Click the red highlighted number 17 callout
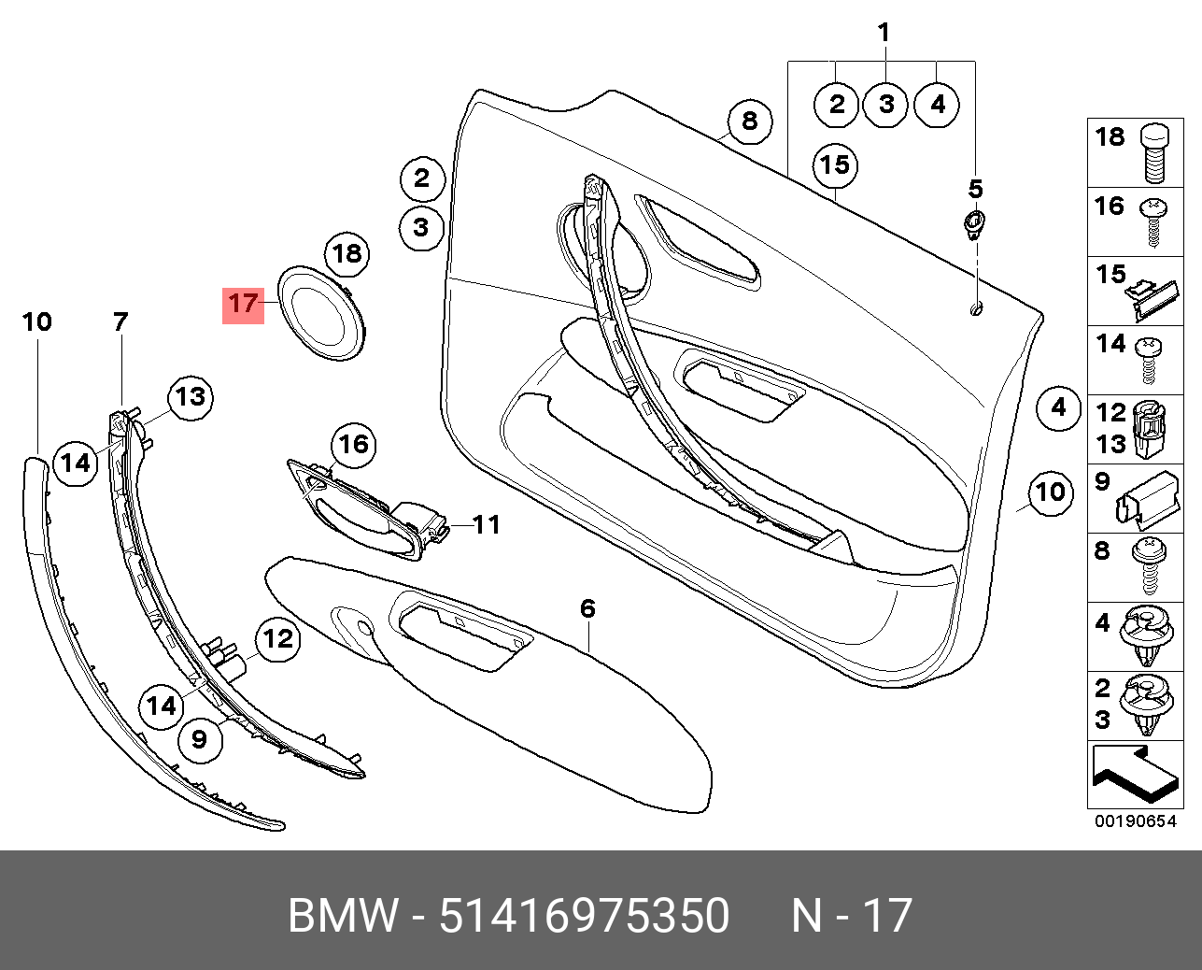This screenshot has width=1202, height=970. coord(243,304)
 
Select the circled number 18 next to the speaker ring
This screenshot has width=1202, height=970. coord(346,253)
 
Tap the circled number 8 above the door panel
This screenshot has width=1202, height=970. coord(750,121)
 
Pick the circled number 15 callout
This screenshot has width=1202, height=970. coord(835,165)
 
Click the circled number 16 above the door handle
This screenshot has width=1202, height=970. coord(354,444)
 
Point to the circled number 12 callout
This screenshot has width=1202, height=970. coord(277,639)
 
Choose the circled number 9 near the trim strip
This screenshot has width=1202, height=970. coord(199,739)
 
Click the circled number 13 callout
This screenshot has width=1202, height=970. coord(191,397)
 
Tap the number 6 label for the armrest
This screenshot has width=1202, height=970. coord(587,608)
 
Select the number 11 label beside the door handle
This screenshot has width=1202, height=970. coord(487,525)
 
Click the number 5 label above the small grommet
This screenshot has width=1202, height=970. coord(975,190)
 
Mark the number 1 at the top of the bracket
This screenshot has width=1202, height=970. coord(884,34)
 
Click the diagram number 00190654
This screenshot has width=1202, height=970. coord(1135,820)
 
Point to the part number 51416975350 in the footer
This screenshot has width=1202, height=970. coord(584,915)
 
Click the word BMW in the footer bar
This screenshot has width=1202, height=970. coord(343,915)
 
